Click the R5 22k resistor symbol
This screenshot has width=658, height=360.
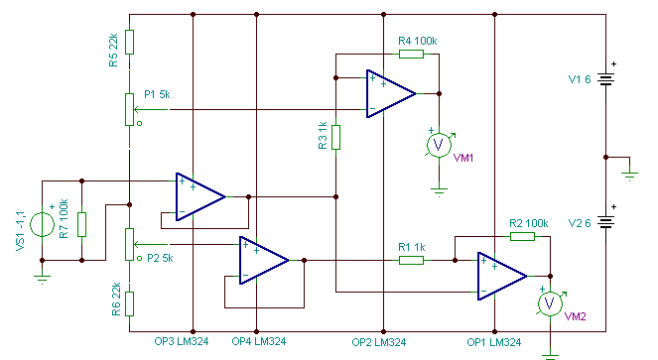point(130,42)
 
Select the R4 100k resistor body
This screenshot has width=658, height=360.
point(411,54)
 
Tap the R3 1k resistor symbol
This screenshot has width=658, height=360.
point(335,137)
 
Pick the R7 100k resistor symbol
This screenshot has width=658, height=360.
point(81,224)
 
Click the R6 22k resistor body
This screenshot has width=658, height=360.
point(130,303)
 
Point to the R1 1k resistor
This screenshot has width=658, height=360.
point(411,261)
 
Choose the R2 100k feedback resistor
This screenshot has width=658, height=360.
point(522,237)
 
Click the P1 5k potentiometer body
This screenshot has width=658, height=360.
point(130,109)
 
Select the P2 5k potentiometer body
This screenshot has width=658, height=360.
point(130,245)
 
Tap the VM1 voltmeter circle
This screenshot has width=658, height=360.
point(439,145)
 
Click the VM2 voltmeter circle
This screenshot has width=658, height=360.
point(550,303)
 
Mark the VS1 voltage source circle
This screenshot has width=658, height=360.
point(42,224)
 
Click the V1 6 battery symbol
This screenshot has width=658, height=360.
point(606,79)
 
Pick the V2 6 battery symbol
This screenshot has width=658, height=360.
point(606,222)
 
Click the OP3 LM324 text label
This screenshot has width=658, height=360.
point(182,341)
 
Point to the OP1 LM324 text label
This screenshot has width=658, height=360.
point(494,342)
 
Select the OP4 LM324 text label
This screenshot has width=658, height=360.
point(259,341)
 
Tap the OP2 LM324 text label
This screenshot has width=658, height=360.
point(379,342)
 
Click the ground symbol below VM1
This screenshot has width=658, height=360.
point(439,192)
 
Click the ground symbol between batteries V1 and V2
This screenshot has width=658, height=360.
point(629,176)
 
